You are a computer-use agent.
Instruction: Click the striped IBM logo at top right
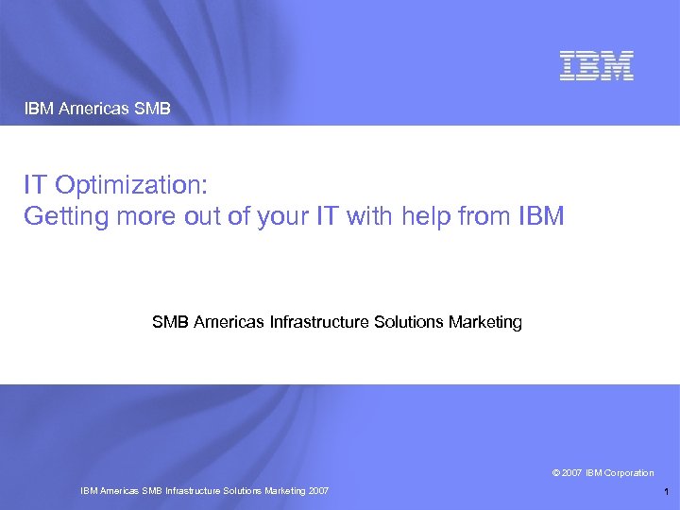click(x=596, y=65)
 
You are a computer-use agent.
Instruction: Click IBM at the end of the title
click(x=541, y=216)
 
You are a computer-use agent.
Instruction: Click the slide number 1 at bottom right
click(x=666, y=491)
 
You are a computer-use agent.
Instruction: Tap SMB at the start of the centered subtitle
click(x=170, y=322)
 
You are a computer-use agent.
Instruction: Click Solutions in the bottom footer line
click(x=242, y=491)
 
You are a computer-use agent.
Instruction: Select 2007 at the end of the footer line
click(x=317, y=491)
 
